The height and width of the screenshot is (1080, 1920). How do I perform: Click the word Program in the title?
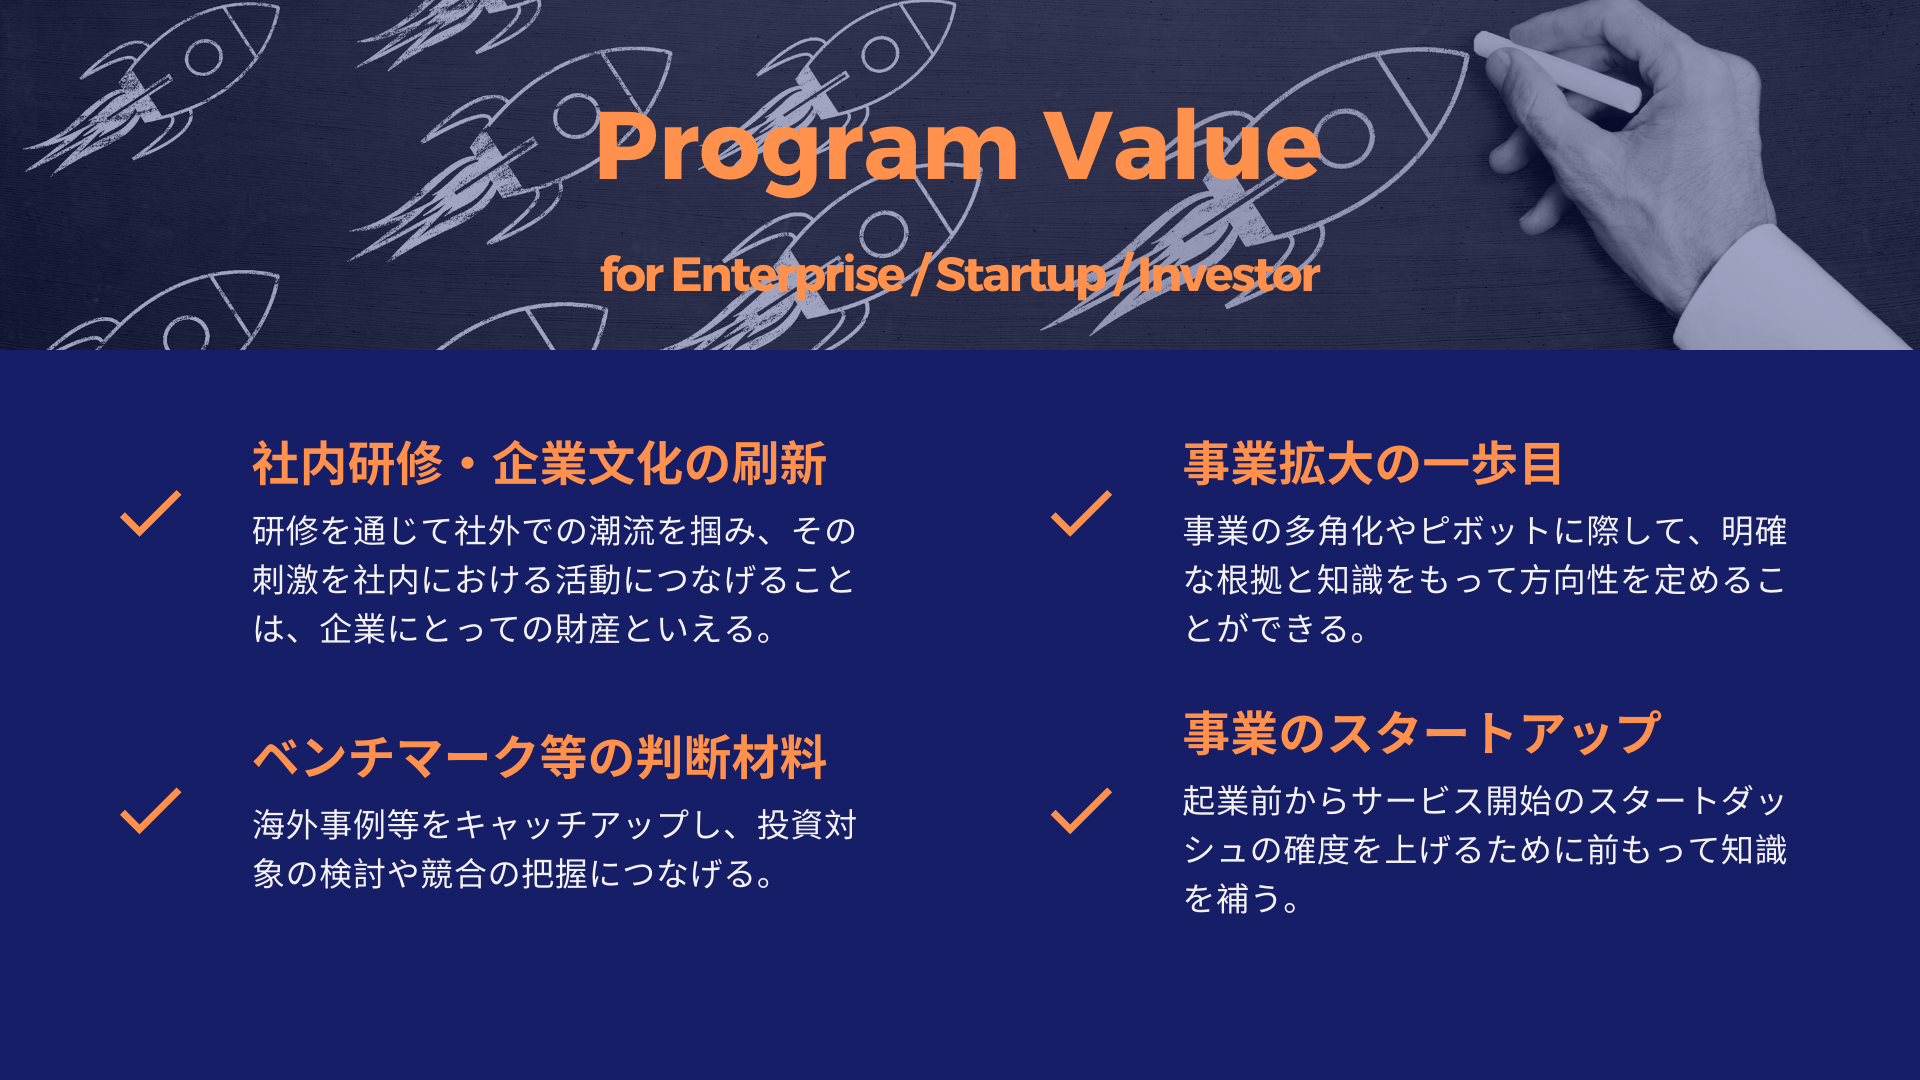(x=806, y=150)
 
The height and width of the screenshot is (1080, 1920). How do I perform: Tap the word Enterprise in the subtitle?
(x=788, y=275)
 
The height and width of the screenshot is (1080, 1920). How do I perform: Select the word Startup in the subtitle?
(x=1021, y=275)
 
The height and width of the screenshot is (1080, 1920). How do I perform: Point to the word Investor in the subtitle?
(x=1229, y=275)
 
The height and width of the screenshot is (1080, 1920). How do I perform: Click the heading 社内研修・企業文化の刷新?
(x=539, y=464)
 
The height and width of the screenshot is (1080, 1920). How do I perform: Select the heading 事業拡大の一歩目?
(x=1373, y=464)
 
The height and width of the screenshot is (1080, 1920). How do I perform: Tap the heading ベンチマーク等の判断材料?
(x=539, y=757)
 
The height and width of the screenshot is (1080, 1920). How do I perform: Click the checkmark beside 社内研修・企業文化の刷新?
(x=150, y=514)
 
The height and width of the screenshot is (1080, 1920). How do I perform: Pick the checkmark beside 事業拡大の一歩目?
(x=1081, y=514)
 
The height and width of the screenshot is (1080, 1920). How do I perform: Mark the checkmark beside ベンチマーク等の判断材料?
(x=150, y=811)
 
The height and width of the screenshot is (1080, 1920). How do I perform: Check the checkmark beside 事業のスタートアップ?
(x=1081, y=811)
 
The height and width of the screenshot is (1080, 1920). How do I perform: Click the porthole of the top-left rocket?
(x=203, y=58)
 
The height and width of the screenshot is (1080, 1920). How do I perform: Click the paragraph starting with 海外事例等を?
(x=555, y=849)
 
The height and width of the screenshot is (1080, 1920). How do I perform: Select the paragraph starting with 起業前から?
(x=1485, y=849)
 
